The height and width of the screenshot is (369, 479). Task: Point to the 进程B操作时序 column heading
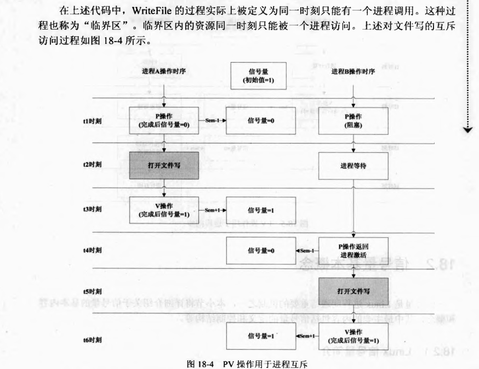pos(353,72)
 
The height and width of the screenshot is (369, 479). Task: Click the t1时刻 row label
pos(88,121)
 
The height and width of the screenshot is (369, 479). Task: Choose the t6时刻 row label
pos(88,340)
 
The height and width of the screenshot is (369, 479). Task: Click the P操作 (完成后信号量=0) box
pos(164,121)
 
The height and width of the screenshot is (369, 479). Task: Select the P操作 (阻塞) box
pos(353,121)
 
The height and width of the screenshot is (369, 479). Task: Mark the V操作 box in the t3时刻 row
pos(164,209)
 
